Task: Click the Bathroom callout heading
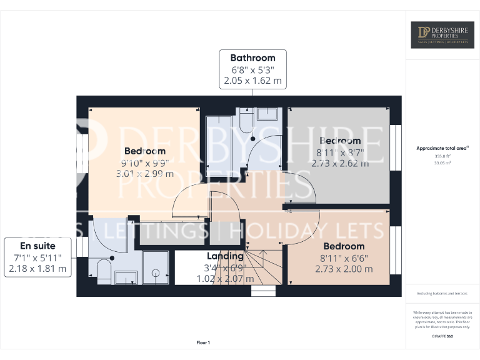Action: click(x=252, y=57)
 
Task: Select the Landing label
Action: click(x=225, y=256)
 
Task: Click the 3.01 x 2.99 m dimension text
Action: click(x=145, y=174)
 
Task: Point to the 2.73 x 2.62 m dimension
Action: click(x=340, y=164)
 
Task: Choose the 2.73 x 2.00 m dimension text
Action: click(x=346, y=269)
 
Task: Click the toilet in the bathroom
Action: click(x=244, y=119)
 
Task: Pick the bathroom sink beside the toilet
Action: click(x=267, y=113)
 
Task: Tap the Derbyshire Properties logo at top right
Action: click(x=442, y=35)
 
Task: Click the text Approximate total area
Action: click(x=441, y=148)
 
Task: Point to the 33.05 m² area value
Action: click(x=442, y=162)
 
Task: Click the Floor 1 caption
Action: click(x=203, y=342)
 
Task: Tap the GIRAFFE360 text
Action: click(x=442, y=337)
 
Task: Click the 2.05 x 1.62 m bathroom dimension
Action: click(x=252, y=81)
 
